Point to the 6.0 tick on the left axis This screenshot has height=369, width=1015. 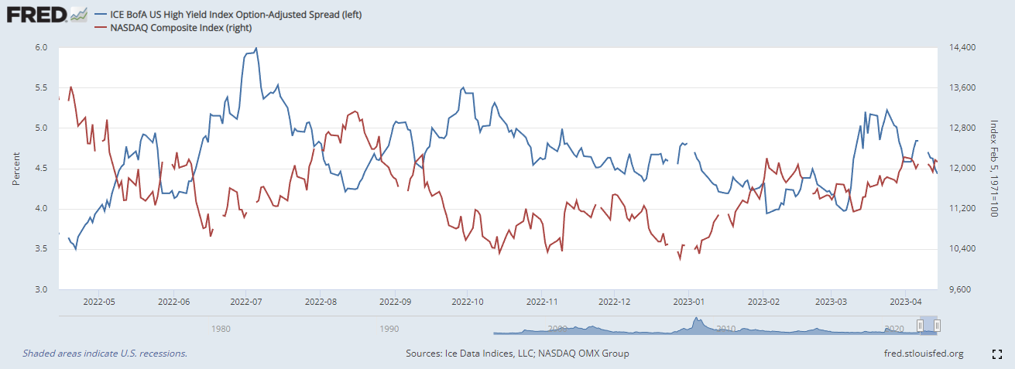[x=41, y=48]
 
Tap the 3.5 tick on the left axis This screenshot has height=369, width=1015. [x=41, y=249]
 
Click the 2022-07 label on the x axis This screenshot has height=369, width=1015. [x=245, y=302]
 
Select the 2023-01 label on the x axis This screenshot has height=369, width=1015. [x=688, y=302]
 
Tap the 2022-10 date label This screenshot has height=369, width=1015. [x=467, y=302]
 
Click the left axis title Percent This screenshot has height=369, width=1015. [x=15, y=169]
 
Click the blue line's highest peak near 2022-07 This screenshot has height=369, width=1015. [x=256, y=48]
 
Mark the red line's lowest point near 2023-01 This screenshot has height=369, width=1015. [x=680, y=259]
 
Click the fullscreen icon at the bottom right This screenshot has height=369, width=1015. [x=998, y=354]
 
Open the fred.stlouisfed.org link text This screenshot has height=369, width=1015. [x=923, y=354]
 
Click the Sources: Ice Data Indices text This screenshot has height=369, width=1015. [x=516, y=354]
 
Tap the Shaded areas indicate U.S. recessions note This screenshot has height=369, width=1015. [x=105, y=354]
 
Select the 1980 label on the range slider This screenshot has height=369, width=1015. [x=221, y=328]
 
